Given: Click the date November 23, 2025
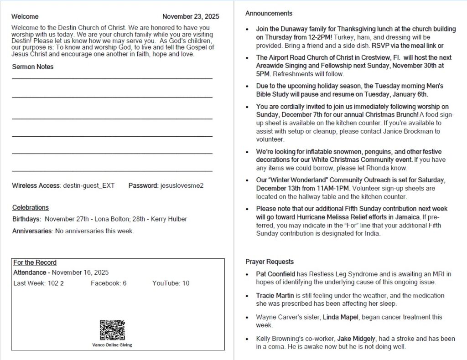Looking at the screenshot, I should click(191, 16).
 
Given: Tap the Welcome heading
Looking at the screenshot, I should click(25, 17).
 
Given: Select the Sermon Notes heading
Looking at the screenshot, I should click(33, 67).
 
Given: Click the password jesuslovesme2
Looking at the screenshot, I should click(182, 185).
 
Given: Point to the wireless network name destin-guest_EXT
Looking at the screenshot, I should click(88, 185).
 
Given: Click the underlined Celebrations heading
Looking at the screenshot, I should click(31, 207).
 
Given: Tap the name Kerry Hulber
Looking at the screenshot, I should click(169, 219).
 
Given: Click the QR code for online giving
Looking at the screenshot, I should click(112, 330).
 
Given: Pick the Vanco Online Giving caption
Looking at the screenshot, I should click(112, 345).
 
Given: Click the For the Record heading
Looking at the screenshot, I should click(35, 262).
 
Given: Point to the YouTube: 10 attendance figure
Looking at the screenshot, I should click(171, 283).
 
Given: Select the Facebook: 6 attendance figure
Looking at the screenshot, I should click(109, 283).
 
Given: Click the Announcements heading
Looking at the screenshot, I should click(269, 13).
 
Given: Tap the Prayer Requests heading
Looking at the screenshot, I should click(270, 262).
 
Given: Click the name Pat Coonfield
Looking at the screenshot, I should click(275, 274).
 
